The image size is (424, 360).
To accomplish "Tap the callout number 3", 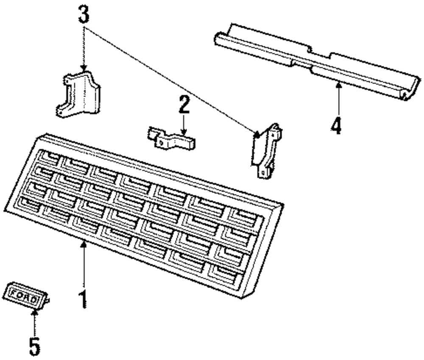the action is pyautogui.click(x=84, y=15).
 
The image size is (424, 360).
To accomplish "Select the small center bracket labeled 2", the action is pyautogui.click(x=172, y=139).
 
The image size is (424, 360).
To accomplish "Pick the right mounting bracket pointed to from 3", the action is pyautogui.click(x=266, y=150).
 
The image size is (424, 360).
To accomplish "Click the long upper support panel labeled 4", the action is pyautogui.click(x=314, y=59).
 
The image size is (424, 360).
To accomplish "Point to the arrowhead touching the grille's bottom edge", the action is pyautogui.click(x=84, y=243).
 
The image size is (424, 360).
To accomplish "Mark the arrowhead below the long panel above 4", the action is pyautogui.click(x=338, y=85).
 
